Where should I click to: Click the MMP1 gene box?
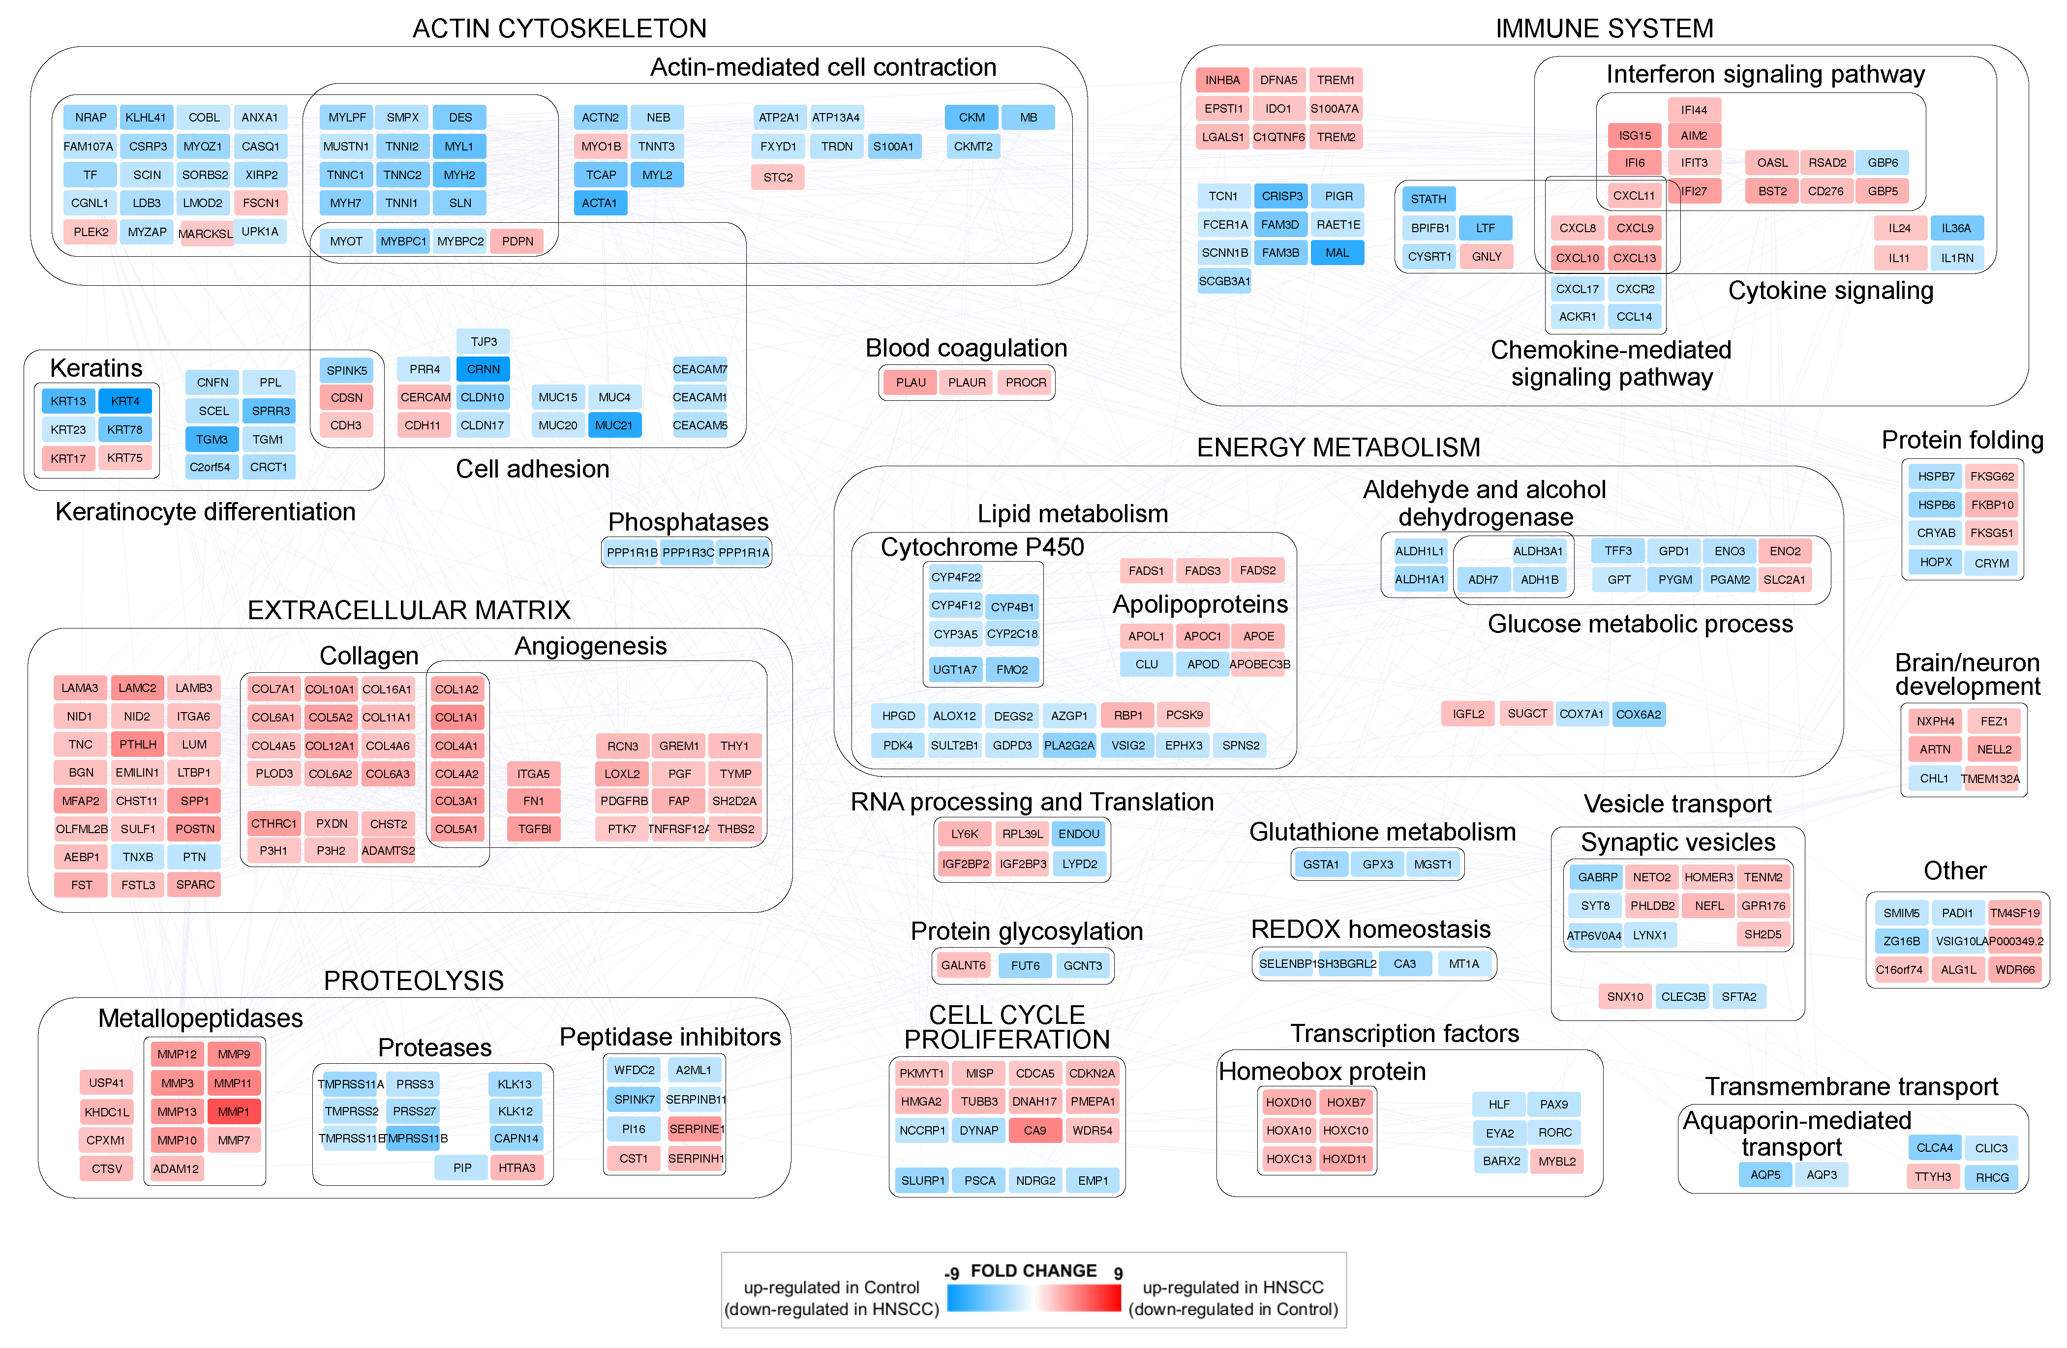pos(234,1112)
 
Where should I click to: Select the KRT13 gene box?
pos(68,401)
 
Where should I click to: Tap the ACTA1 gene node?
pos(599,203)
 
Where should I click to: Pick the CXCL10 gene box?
pos(1577,258)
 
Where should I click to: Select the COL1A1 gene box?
pos(457,718)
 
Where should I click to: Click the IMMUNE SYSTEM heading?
pos(1604,29)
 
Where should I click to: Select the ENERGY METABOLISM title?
pos(1338,448)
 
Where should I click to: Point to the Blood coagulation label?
pos(966,348)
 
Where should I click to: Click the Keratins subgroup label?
pos(96,368)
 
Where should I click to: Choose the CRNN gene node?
pos(483,369)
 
